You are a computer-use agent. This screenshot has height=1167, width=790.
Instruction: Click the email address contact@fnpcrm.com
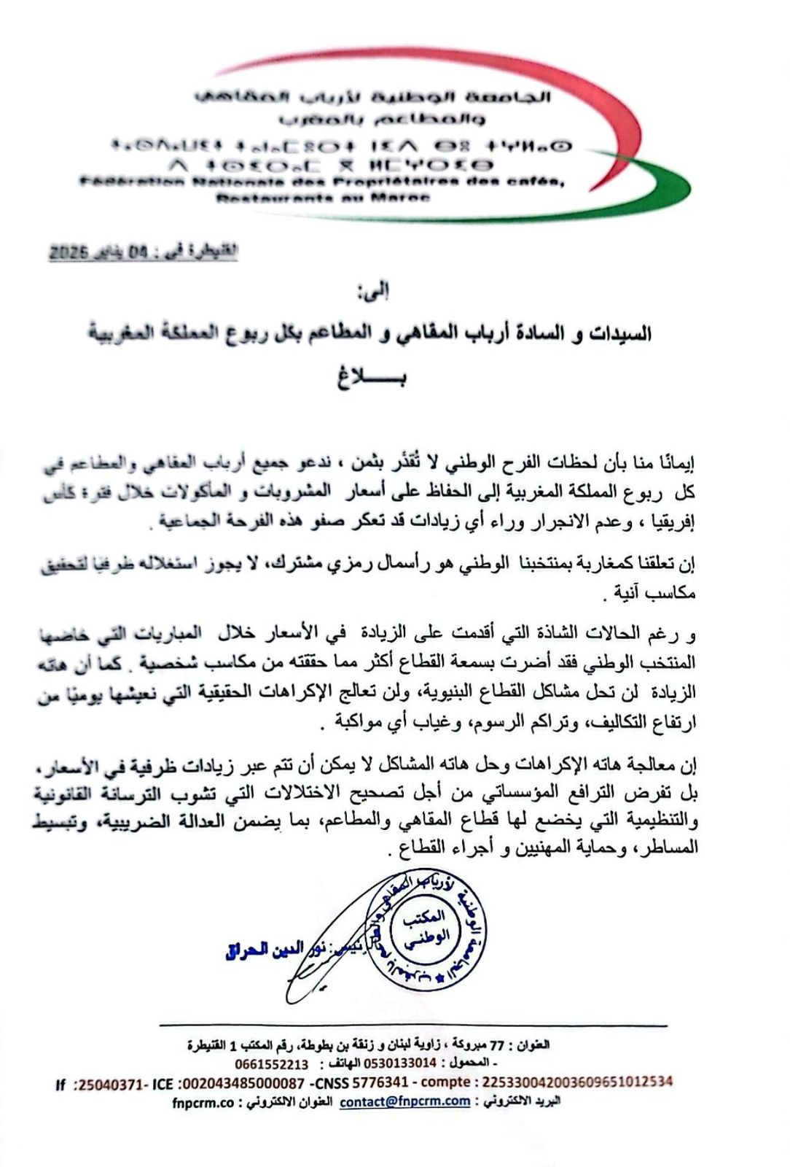coord(404,1101)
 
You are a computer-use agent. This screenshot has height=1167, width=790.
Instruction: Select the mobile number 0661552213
coord(271,1064)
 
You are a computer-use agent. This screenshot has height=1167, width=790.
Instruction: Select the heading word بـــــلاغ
coord(371,378)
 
